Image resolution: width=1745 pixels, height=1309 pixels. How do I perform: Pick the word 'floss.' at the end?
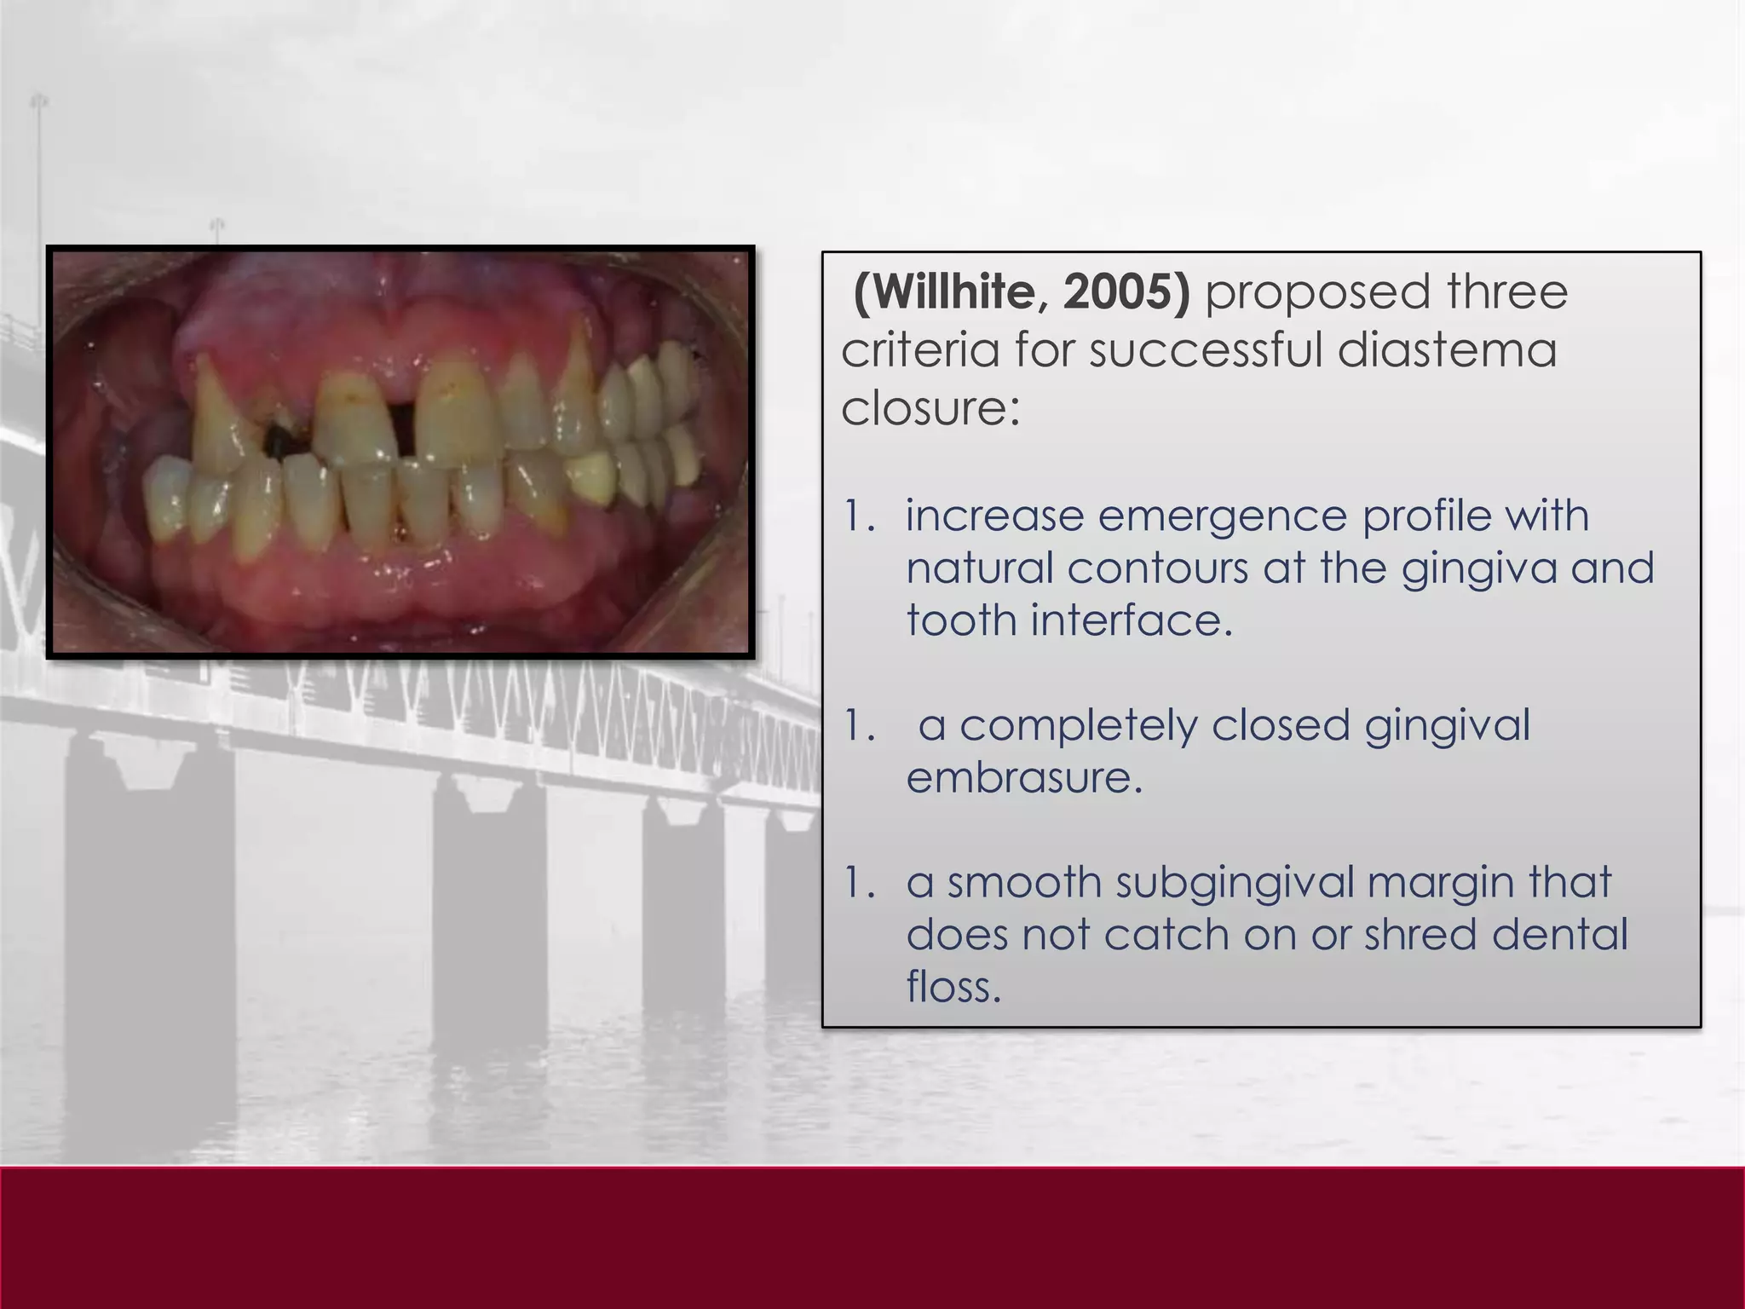[x=953, y=987]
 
